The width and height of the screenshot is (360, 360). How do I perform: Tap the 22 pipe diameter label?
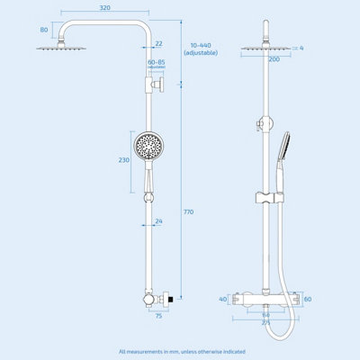(x=158, y=44)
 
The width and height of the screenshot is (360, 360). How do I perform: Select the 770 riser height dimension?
(x=188, y=211)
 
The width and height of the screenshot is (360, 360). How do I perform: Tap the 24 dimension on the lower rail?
(x=158, y=221)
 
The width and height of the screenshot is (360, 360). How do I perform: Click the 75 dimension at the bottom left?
(x=157, y=316)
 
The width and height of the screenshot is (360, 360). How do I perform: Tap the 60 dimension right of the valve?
(x=307, y=299)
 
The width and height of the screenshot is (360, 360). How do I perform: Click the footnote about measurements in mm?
(x=180, y=351)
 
